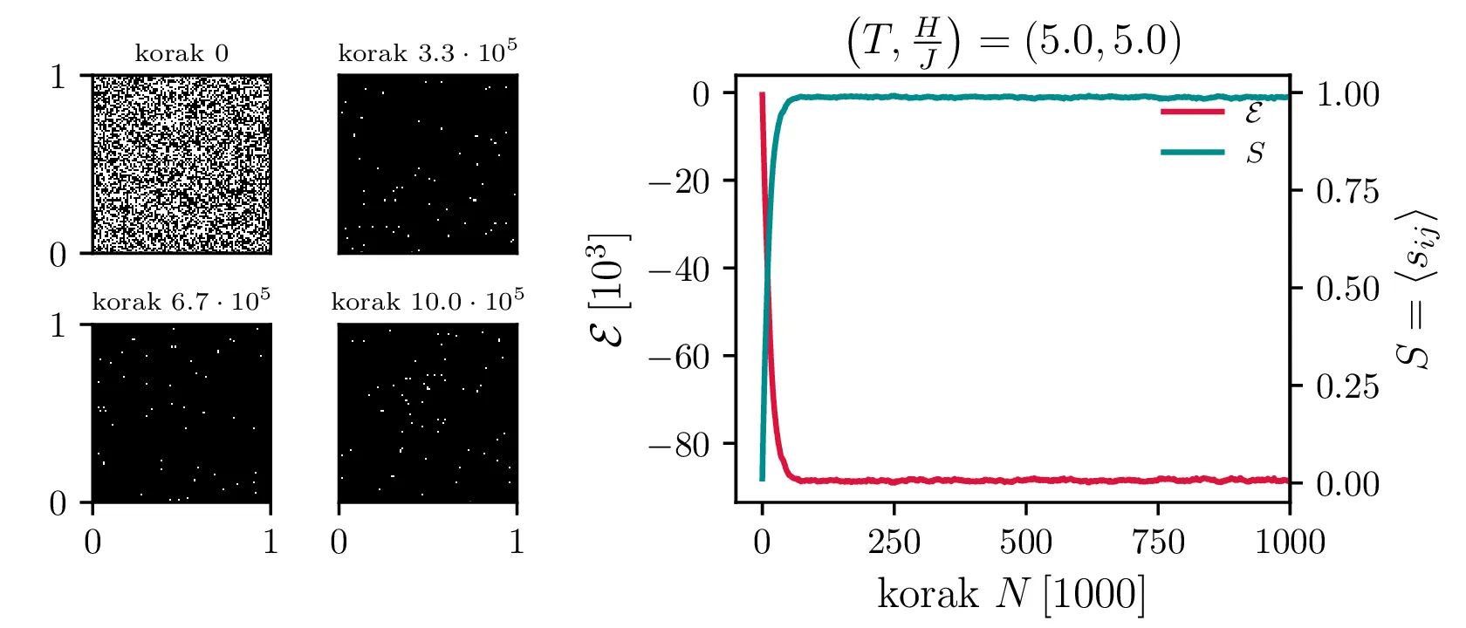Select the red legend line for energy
point(1192,112)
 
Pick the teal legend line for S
point(1192,153)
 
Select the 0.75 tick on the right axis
point(1347,191)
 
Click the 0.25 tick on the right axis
point(1347,386)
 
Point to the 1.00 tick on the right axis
point(1347,94)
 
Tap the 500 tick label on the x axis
point(1026,543)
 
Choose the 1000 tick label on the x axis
point(1289,543)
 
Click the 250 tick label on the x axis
point(894,543)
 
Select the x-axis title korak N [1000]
point(1011,594)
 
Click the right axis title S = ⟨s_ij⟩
point(1415,290)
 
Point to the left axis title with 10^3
point(610,290)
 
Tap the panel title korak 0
point(182,54)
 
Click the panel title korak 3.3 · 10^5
point(428,52)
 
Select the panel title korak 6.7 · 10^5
point(182,301)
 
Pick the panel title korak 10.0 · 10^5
point(428,301)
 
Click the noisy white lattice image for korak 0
point(182,164)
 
